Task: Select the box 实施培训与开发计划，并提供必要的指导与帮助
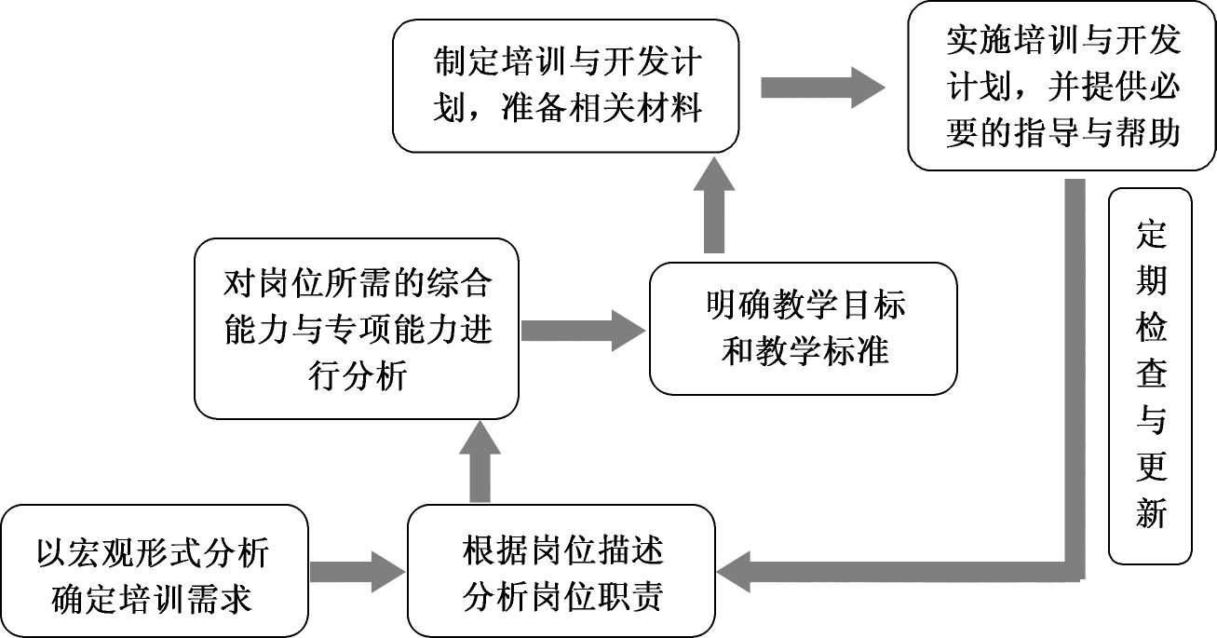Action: [1062, 87]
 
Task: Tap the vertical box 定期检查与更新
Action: [1150, 376]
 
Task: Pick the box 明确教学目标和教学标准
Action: [803, 329]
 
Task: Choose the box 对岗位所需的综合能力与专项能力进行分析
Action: [357, 329]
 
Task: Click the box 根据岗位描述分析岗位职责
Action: [561, 571]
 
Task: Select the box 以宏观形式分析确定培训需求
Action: [154, 571]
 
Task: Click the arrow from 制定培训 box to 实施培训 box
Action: [821, 88]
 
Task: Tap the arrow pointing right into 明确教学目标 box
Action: [583, 330]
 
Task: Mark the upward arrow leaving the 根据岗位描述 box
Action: [480, 462]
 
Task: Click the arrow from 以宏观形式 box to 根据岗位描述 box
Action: [355, 571]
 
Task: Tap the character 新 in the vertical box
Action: [1151, 512]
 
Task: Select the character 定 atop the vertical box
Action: [1151, 236]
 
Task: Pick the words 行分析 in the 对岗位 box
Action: [357, 376]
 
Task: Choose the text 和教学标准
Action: [804, 352]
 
